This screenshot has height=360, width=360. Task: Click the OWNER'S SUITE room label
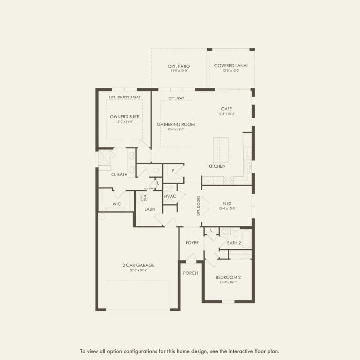point(124,117)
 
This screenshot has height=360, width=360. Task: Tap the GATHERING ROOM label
point(175,125)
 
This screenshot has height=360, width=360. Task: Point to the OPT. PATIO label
point(178,66)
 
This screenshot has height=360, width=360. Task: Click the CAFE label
point(227,109)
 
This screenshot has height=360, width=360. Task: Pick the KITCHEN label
point(217,166)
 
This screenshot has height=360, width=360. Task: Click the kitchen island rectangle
point(221,149)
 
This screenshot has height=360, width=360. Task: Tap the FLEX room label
point(227,203)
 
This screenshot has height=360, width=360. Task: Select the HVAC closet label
point(170,197)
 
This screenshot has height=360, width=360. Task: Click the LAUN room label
point(150,209)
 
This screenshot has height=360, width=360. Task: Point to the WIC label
point(116,203)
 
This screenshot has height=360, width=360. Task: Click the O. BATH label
point(119,175)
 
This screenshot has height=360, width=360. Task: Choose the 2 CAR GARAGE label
point(138,266)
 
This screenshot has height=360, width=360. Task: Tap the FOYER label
point(192,243)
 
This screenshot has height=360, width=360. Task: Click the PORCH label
point(191,273)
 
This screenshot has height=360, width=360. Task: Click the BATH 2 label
point(234,243)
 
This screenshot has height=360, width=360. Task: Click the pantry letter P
point(173,171)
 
